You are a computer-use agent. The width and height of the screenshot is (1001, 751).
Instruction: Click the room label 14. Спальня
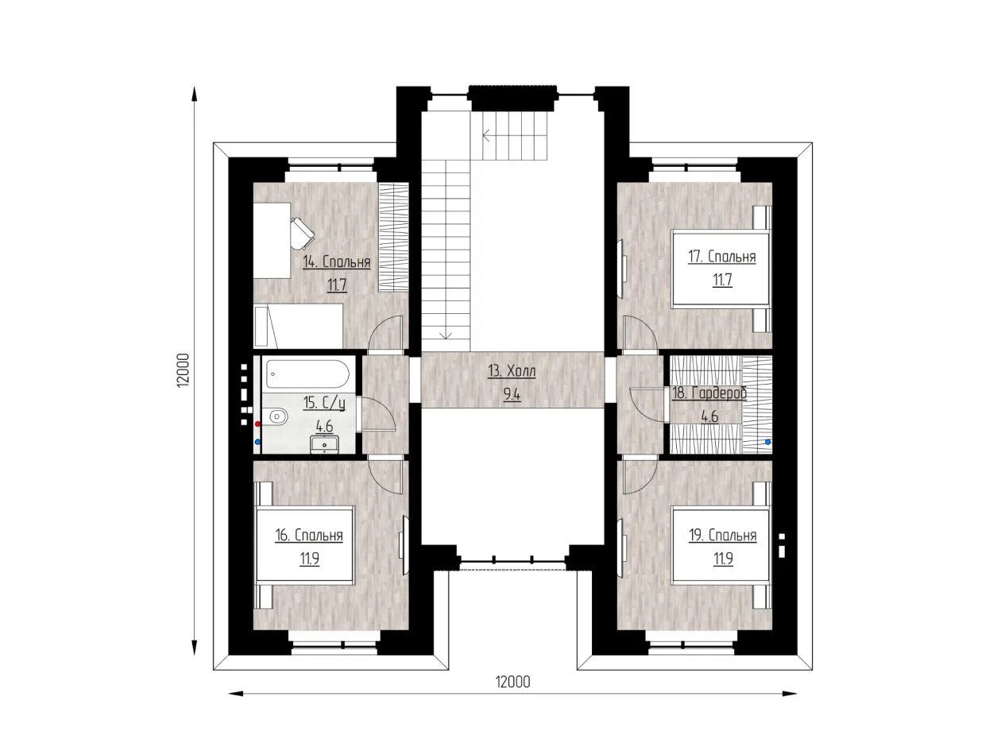[336, 261]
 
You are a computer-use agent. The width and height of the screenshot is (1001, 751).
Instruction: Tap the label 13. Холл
[511, 371]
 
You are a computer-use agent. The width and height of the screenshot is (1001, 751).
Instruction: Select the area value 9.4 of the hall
[512, 394]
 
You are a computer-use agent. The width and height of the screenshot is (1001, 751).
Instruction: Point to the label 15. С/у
[324, 403]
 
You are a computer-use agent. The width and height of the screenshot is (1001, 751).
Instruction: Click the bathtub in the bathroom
[307, 374]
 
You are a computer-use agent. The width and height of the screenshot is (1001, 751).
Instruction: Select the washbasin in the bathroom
[324, 444]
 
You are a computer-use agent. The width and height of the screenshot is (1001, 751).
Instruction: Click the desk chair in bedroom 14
[303, 233]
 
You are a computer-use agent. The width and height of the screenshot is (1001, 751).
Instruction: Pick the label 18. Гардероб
[709, 393]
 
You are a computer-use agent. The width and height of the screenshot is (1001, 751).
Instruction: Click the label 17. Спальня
[721, 257]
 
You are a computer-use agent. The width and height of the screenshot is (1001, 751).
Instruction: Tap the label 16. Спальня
[309, 535]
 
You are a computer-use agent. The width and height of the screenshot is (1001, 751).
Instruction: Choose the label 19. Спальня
[722, 535]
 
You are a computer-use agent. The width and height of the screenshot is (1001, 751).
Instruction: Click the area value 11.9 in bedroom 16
[309, 559]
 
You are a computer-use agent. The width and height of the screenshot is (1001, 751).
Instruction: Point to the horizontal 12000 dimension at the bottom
[512, 682]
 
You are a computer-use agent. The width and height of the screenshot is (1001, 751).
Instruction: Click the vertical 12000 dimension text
[183, 370]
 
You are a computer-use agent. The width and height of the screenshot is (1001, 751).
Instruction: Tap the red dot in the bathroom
[257, 424]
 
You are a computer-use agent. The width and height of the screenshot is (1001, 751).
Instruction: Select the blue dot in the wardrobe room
[768, 442]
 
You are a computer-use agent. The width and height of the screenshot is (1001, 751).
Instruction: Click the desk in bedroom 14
[272, 240]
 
